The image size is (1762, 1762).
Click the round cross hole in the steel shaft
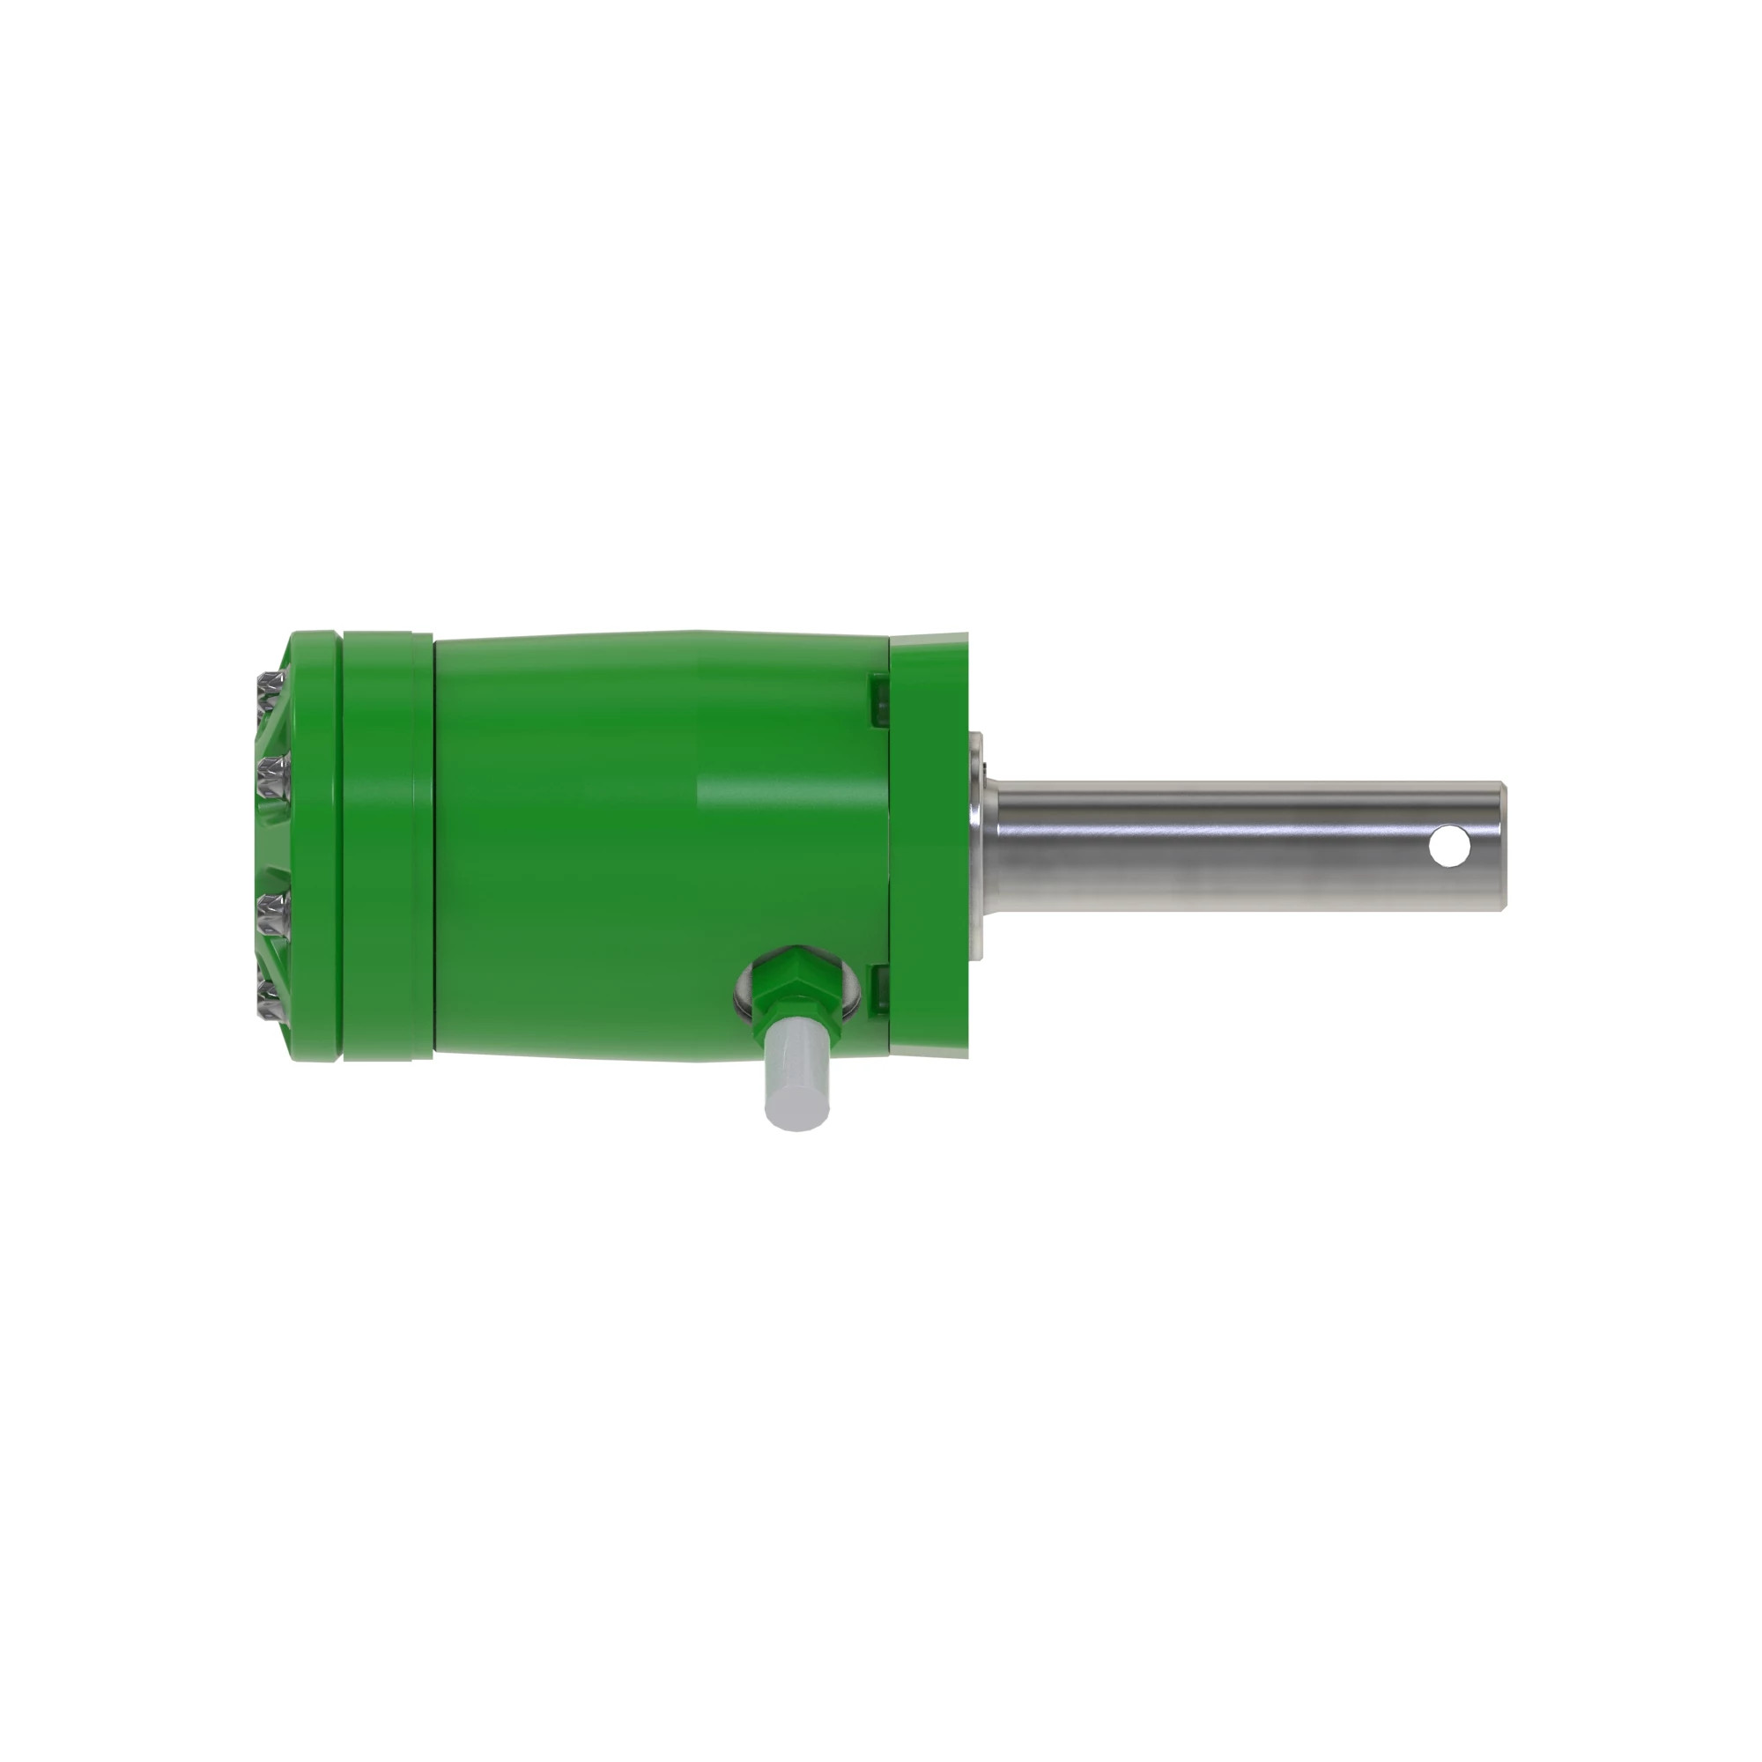click(1447, 846)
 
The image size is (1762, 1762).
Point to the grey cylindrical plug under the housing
click(797, 1077)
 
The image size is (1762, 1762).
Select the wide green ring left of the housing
click(387, 844)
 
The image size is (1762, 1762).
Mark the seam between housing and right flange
click(889, 844)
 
